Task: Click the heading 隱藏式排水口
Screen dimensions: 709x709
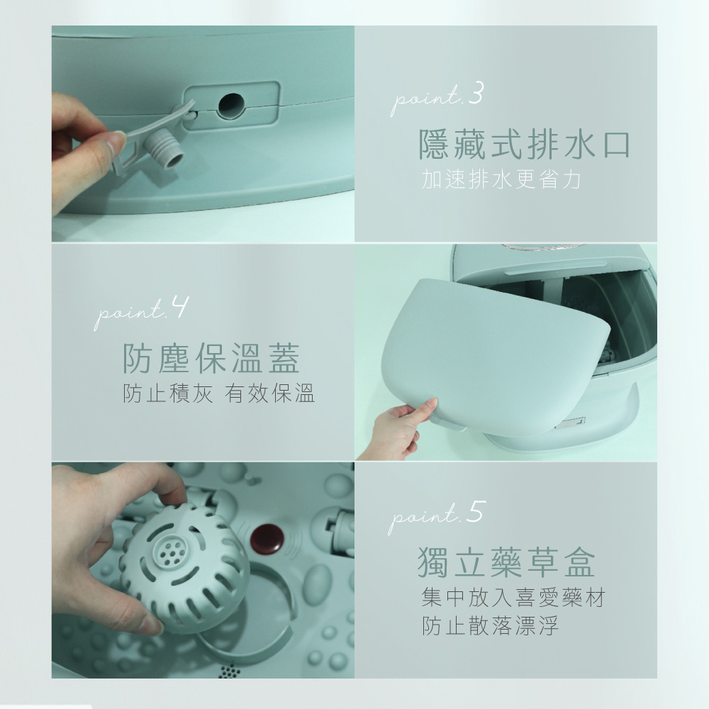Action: [x=524, y=145]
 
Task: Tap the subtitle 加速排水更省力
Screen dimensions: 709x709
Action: [x=501, y=180]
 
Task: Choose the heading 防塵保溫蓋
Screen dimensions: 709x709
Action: [x=211, y=358]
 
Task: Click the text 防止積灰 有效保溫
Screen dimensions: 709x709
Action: [x=218, y=393]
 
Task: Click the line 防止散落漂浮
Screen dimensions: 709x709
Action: [x=489, y=627]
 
